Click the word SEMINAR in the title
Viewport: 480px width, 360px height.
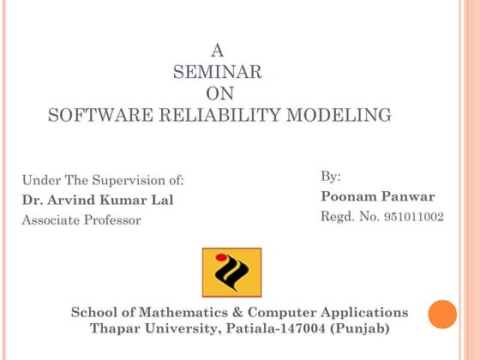tap(218, 72)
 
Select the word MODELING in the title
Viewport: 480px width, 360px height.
tap(346, 115)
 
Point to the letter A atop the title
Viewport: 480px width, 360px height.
tap(218, 51)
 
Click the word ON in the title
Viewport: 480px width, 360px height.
tap(220, 93)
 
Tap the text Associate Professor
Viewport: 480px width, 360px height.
tap(81, 219)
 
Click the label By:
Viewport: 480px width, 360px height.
tap(331, 177)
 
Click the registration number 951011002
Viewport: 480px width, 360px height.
tap(414, 217)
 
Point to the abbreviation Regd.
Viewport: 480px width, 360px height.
tap(337, 217)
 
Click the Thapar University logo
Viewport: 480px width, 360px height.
tap(231, 273)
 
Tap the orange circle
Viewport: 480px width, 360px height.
tap(442, 314)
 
